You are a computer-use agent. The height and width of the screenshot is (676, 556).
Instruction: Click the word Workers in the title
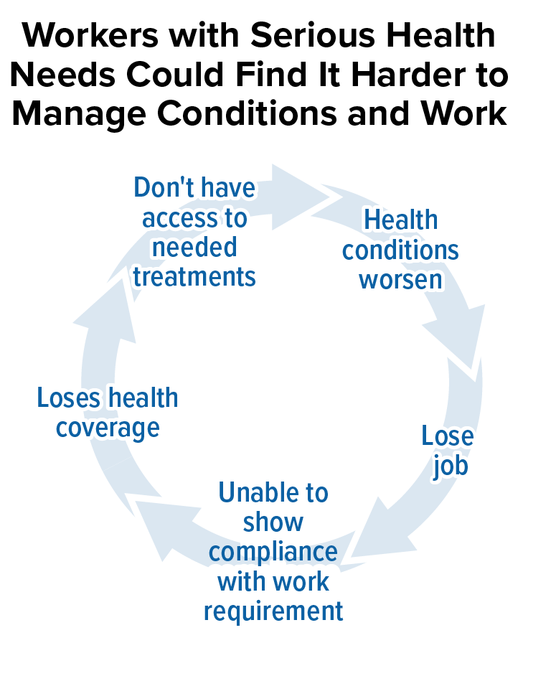90,35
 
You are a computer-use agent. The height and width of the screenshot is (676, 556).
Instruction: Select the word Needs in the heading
62,74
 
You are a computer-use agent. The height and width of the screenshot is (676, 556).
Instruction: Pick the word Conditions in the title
247,113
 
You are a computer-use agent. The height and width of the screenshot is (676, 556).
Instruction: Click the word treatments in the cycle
194,277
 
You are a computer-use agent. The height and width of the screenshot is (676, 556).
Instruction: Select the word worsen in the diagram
401,280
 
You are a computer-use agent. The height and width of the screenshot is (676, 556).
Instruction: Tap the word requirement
273,612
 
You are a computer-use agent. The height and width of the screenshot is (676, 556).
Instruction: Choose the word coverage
108,428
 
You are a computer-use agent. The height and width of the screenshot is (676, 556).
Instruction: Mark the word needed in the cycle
194,247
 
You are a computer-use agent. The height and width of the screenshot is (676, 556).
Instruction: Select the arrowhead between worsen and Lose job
457,341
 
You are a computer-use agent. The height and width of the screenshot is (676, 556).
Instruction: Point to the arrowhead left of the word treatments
105,311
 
